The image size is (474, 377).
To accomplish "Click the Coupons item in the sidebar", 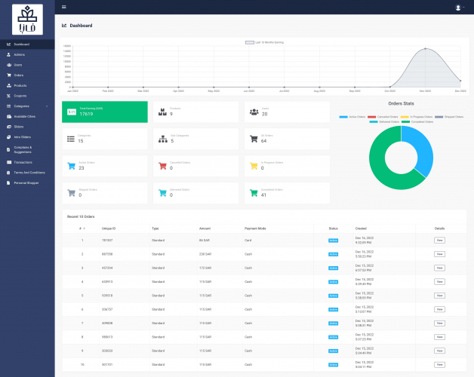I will [20, 96].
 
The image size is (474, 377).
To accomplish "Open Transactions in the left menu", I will [23, 162].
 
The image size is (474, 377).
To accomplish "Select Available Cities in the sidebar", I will [25, 116].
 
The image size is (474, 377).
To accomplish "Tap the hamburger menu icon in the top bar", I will [64, 7].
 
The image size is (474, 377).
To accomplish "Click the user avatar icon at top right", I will [458, 7].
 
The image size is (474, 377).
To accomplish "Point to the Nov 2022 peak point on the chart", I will [425, 49].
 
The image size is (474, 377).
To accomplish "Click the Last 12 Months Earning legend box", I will [250, 42].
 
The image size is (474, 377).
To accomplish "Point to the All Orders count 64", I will [263, 141].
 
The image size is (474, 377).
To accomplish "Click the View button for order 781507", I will [439, 241].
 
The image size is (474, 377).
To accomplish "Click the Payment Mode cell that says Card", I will [248, 241].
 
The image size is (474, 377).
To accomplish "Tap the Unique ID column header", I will [108, 227].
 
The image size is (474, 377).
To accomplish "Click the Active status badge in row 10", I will [333, 363].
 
